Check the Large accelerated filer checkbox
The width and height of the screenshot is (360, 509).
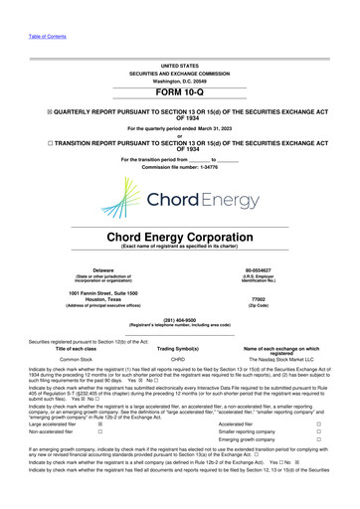point(99,423)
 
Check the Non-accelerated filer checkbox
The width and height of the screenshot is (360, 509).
point(99,432)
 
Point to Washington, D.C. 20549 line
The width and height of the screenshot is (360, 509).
point(179,80)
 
